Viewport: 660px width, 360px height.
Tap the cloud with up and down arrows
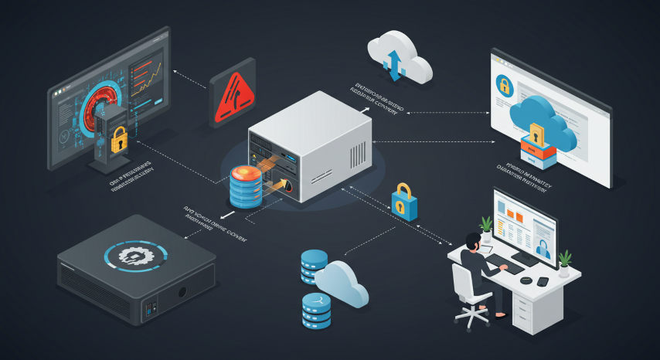(398, 58)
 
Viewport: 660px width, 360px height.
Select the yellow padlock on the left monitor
(119, 140)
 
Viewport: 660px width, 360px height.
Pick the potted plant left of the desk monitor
(486, 227)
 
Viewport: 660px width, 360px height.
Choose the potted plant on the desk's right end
(565, 261)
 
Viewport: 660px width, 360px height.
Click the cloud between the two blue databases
(341, 283)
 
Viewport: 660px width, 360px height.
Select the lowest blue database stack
(317, 311)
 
